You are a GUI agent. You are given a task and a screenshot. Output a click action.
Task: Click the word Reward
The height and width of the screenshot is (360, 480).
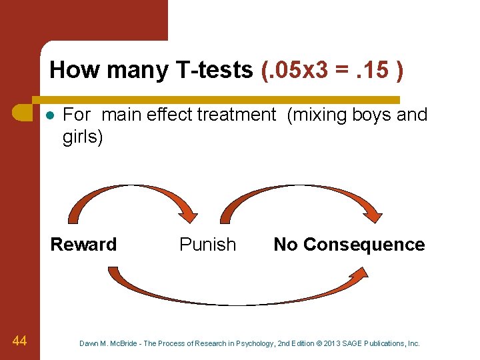coord(83,245)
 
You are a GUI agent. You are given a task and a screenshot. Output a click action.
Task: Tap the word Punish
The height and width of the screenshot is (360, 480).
coord(207,245)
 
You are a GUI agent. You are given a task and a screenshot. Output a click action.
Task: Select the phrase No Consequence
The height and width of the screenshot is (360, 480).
coord(349,245)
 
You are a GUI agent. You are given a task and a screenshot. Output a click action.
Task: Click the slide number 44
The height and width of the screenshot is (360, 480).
coord(19,341)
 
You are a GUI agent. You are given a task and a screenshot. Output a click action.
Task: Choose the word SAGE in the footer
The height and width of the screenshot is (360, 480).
coord(357,343)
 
